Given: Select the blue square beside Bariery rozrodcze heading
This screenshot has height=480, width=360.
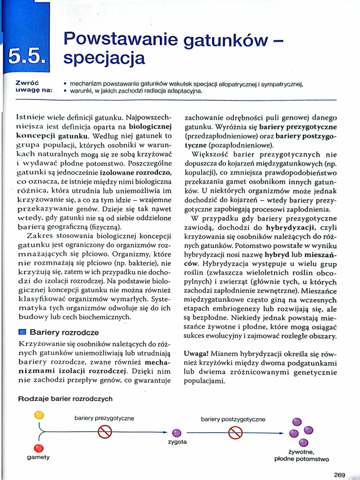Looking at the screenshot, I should [x=22, y=332].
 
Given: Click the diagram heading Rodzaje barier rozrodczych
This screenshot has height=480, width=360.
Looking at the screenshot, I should [x=65, y=398].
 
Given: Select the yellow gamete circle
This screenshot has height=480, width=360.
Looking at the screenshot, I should [x=39, y=415].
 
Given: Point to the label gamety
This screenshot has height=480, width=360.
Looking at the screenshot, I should [x=38, y=457].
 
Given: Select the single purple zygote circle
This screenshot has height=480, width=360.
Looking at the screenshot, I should [x=177, y=433].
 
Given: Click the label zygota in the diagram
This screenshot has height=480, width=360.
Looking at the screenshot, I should [x=177, y=442].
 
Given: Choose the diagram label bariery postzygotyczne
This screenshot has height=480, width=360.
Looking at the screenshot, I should [x=233, y=419].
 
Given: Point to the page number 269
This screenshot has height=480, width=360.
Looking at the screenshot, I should [x=340, y=474].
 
